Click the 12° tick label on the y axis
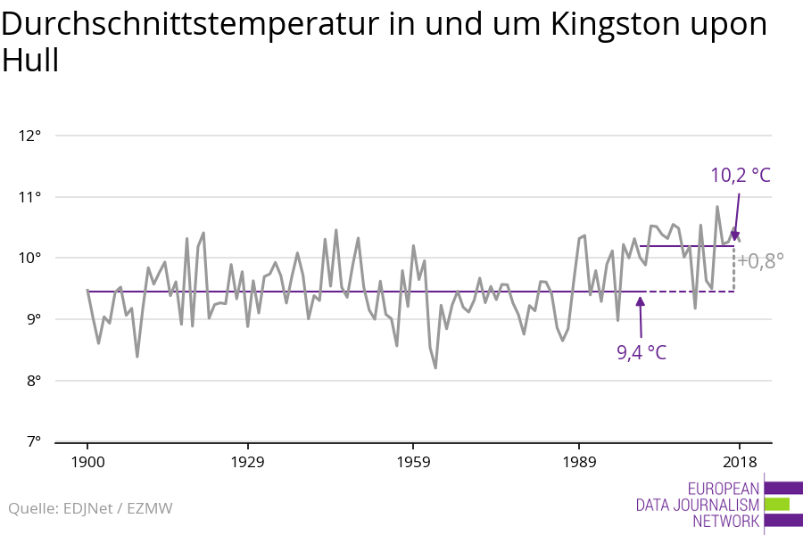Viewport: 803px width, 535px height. tap(30, 136)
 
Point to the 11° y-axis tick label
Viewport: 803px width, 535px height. tap(30, 197)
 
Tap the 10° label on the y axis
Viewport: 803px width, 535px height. tap(30, 259)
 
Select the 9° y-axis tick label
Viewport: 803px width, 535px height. tap(32, 319)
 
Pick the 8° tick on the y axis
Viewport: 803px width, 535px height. tap(32, 381)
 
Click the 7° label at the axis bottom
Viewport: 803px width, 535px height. tap(32, 441)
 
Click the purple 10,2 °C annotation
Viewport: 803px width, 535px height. tap(740, 175)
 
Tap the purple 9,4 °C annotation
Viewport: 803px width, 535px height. tap(642, 352)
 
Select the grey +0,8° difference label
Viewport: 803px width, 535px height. tap(760, 260)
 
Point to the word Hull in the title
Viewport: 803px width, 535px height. tap(30, 61)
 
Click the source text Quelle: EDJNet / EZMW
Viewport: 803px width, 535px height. tap(90, 508)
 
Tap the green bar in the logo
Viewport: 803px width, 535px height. tap(777, 505)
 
